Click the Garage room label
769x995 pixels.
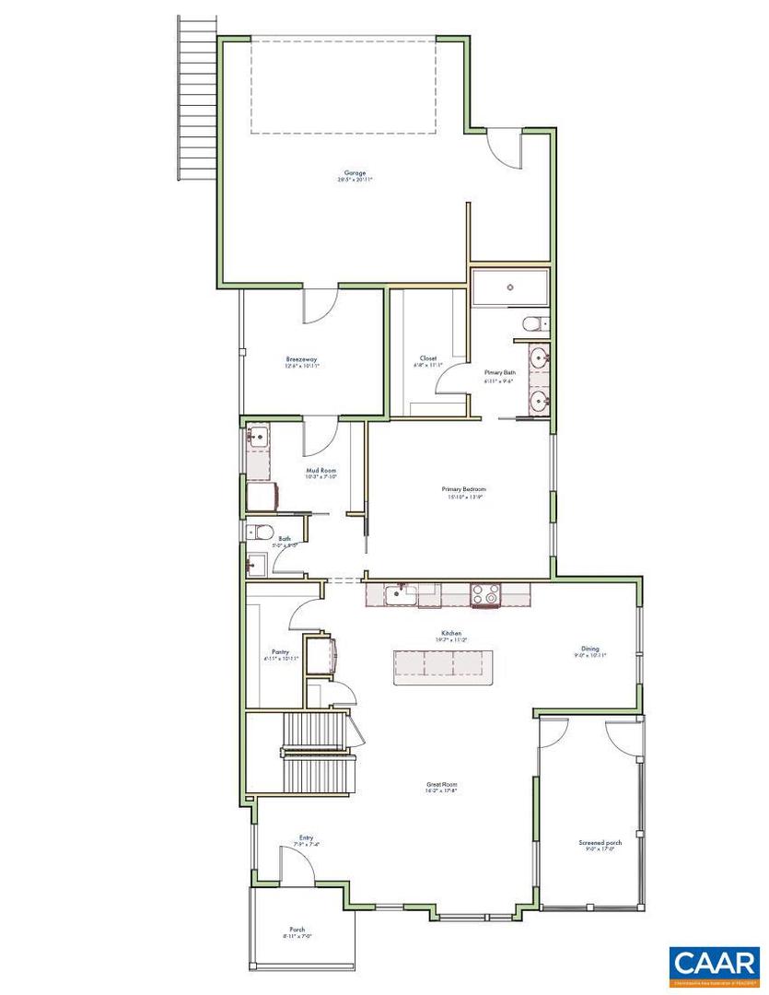pyautogui.click(x=355, y=173)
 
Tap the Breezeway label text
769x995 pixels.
pyautogui.click(x=301, y=358)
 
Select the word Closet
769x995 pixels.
pyautogui.click(x=427, y=358)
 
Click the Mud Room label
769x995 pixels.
pyautogui.click(x=320, y=471)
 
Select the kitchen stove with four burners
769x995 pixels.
pyautogui.click(x=484, y=594)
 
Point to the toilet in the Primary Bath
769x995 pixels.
pyautogui.click(x=533, y=323)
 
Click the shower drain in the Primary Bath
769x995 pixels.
pyautogui.click(x=509, y=287)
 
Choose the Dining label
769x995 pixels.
pyautogui.click(x=589, y=649)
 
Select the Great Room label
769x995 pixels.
pyautogui.click(x=441, y=785)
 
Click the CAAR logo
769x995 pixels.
pyautogui.click(x=715, y=965)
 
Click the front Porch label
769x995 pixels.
pyautogui.click(x=297, y=930)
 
